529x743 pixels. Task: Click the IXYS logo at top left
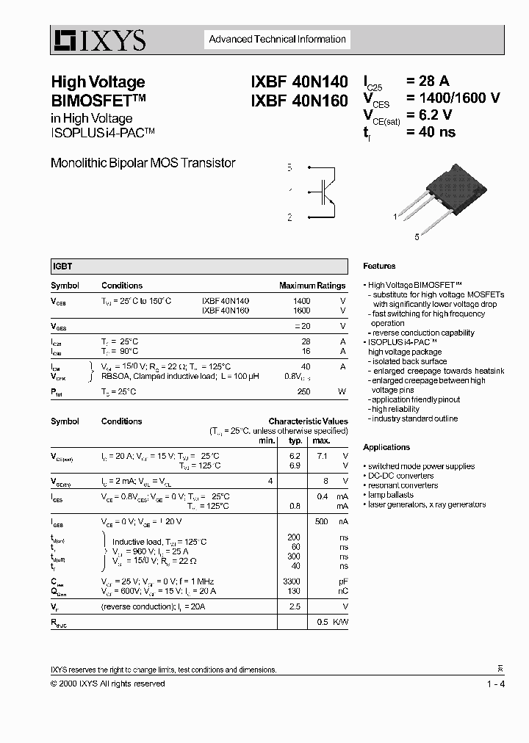(98, 40)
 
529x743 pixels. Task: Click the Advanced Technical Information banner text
(278, 40)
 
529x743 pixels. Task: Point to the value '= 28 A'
(433, 82)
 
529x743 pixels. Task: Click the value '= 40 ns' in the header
(431, 132)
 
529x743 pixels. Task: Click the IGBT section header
(62, 267)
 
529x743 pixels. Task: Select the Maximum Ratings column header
(312, 286)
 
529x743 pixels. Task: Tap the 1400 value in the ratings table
(301, 301)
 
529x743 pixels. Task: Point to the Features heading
(379, 266)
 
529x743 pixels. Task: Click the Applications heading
(386, 447)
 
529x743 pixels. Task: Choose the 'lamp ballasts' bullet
(391, 495)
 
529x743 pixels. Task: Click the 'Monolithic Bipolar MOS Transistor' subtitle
(143, 163)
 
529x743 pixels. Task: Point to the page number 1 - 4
(495, 684)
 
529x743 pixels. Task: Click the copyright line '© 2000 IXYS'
(107, 684)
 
